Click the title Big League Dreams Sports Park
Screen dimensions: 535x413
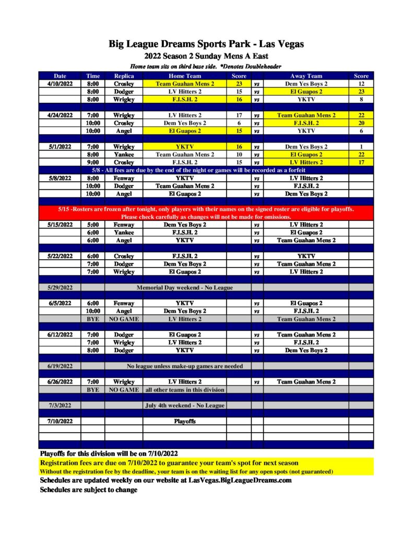206,44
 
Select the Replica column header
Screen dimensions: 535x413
124,76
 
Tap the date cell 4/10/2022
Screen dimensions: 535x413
60,84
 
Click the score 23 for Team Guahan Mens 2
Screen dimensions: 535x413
239,84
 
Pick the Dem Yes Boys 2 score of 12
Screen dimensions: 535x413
361,84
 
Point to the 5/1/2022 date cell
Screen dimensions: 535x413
60,147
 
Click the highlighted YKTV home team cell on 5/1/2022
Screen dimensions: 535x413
184,147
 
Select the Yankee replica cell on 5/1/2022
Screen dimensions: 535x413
124,155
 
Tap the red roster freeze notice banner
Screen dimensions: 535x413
206,213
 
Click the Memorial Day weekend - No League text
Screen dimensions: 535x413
184,287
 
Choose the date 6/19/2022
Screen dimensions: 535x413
60,366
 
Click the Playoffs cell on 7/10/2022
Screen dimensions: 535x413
184,421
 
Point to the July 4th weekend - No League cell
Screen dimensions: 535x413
184,405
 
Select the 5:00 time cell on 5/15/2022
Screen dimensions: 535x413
93,225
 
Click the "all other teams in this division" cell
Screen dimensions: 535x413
184,390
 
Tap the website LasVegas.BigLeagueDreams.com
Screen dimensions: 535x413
240,481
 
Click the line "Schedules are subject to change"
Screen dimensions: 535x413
89,490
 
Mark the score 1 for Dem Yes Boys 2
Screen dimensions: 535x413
361,147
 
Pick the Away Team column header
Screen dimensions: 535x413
306,76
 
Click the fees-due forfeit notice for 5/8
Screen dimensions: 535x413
206,170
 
